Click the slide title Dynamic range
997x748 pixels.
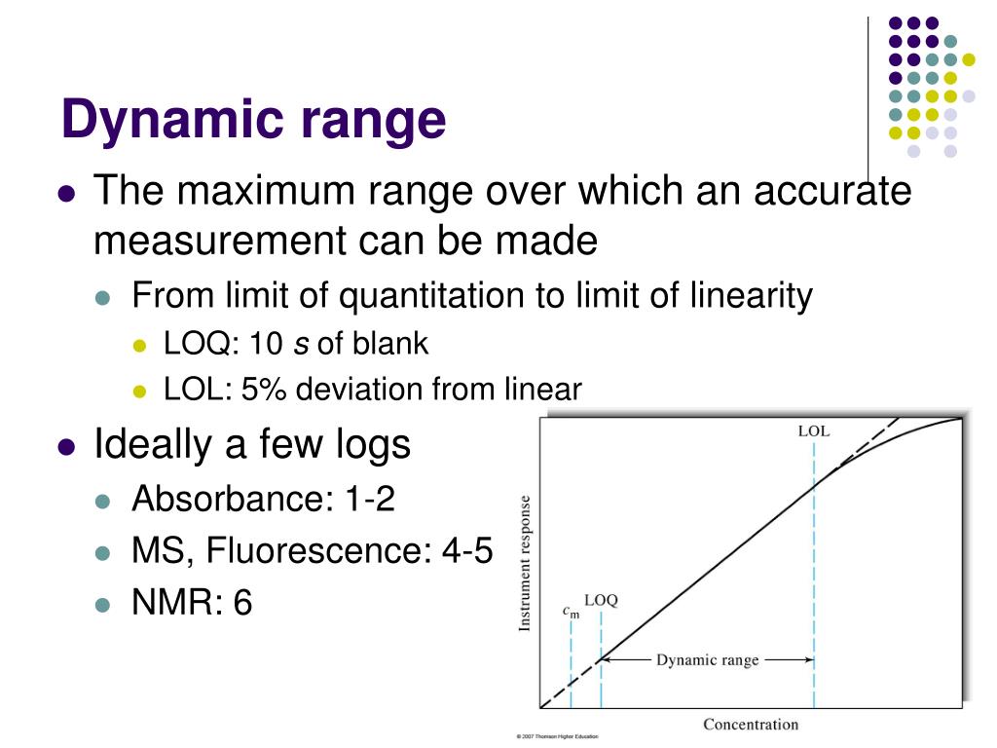pyautogui.click(x=253, y=121)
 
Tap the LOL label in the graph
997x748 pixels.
pyautogui.click(x=813, y=431)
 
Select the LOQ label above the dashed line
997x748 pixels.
pyautogui.click(x=601, y=600)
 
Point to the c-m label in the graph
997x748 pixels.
pyautogui.click(x=571, y=612)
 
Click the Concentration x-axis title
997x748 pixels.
pyautogui.click(x=750, y=724)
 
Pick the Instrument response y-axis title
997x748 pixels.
pyautogui.click(x=525, y=563)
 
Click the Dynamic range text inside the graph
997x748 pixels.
pyautogui.click(x=707, y=659)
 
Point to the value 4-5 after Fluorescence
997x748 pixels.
pyautogui.click(x=467, y=551)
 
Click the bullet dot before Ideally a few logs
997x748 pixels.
pyautogui.click(x=67, y=446)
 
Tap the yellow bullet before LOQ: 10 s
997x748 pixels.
pyautogui.click(x=139, y=345)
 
